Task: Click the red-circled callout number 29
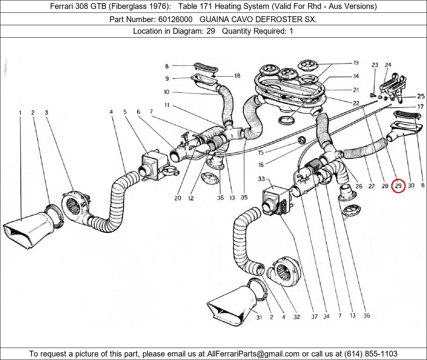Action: (x=398, y=186)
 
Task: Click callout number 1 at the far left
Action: (x=20, y=112)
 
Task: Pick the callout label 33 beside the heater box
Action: (x=261, y=179)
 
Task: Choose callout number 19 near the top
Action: (x=356, y=63)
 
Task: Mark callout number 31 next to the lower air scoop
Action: (x=259, y=317)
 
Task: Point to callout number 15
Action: (x=261, y=153)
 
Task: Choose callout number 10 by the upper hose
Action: (x=167, y=92)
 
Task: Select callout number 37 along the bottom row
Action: (x=314, y=316)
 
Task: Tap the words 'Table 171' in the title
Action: (x=194, y=6)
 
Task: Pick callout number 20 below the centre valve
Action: (x=177, y=198)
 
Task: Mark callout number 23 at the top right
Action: (x=375, y=65)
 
